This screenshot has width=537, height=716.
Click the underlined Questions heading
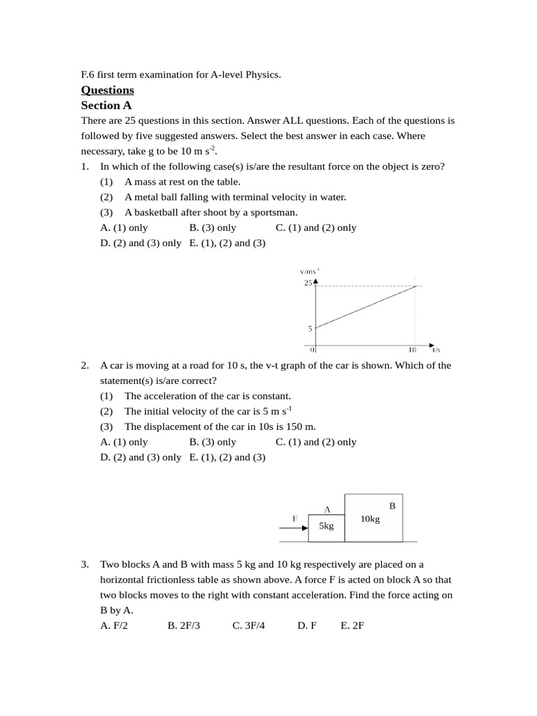[107, 89]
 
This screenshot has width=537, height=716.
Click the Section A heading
[106, 105]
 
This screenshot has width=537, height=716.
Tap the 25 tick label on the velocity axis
[308, 283]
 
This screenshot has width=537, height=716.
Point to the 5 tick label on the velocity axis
[309, 328]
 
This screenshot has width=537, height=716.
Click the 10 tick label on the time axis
[412, 350]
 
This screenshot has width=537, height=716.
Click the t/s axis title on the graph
[436, 349]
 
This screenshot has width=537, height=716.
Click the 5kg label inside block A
[327, 526]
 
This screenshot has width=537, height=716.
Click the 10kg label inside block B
[370, 519]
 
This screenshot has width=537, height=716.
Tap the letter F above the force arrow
[294, 518]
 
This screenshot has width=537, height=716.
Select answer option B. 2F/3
[184, 626]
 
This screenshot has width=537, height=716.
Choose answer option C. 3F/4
[249, 626]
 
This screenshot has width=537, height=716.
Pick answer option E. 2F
[352, 626]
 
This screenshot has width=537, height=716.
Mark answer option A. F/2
[114, 626]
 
